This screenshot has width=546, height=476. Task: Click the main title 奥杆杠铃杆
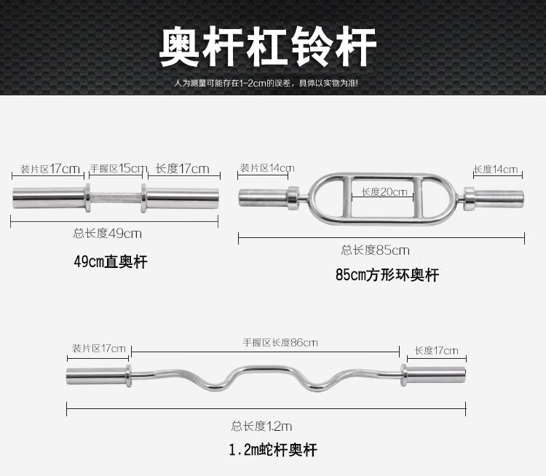269,48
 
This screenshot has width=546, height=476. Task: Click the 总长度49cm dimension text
107,234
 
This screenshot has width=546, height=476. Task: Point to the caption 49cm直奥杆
110,261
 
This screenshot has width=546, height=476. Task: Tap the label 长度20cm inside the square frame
385,192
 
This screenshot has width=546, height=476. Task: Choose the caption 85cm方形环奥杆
387,275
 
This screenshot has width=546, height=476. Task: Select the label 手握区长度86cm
280,342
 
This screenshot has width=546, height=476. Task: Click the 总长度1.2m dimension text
261,427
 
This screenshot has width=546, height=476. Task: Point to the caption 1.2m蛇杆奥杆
272,450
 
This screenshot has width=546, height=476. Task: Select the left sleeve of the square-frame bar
264,195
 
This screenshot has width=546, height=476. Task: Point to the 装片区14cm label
266,169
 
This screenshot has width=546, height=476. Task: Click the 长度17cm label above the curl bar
436,351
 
